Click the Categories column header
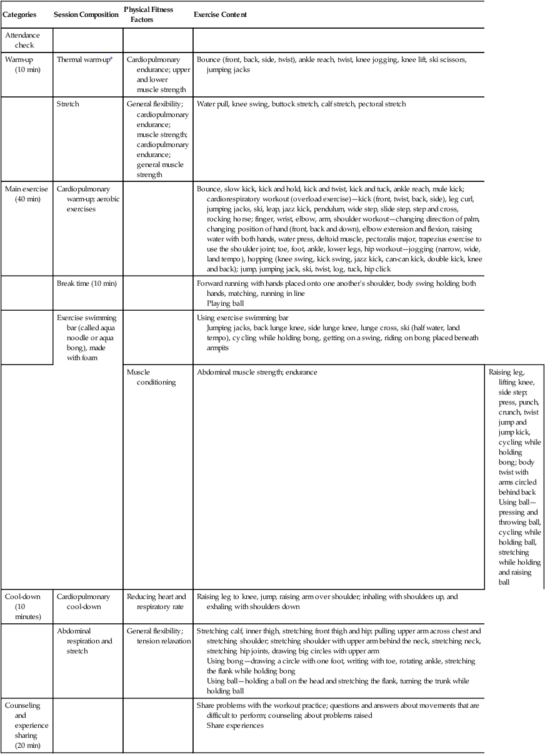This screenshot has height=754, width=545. (x=19, y=14)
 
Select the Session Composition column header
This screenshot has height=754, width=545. (x=86, y=14)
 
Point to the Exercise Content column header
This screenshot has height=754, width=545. (x=220, y=14)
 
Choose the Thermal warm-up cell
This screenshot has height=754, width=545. (x=83, y=59)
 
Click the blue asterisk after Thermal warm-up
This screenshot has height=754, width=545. (x=111, y=58)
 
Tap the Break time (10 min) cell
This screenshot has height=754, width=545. (x=86, y=283)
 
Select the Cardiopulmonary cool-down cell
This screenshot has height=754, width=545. (x=83, y=601)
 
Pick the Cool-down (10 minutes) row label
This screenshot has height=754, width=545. (x=23, y=606)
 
